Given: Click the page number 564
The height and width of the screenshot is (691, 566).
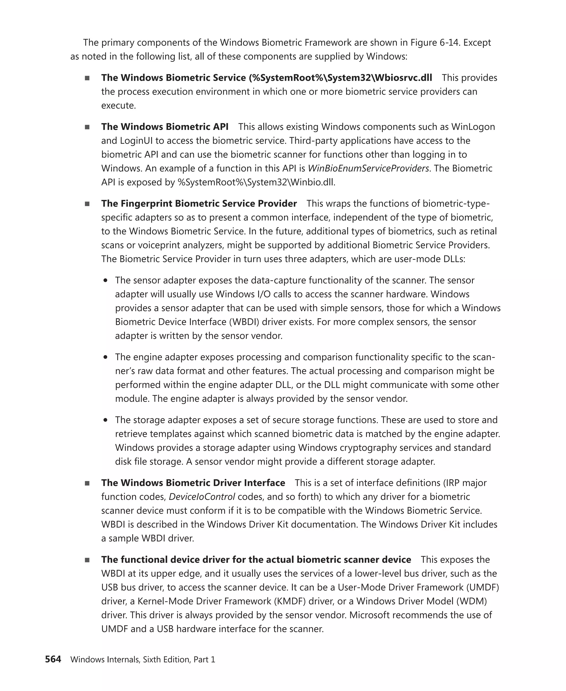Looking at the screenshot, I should click(x=53, y=659).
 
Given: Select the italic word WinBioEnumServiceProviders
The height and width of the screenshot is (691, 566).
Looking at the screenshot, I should click(x=368, y=168).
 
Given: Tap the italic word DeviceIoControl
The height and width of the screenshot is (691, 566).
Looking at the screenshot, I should click(x=202, y=497).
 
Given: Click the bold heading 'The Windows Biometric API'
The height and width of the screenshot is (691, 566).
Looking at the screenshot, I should click(x=165, y=127).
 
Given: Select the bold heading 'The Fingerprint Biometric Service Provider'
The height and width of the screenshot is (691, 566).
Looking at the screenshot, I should click(x=199, y=203).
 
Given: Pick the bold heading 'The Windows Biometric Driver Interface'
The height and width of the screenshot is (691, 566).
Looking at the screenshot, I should click(x=193, y=483).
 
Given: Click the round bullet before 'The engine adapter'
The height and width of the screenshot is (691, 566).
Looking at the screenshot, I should click(x=105, y=357).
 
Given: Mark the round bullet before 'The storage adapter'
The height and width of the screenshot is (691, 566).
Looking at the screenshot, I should click(x=105, y=420).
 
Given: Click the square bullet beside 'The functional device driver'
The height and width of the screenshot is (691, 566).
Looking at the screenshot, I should click(x=87, y=560).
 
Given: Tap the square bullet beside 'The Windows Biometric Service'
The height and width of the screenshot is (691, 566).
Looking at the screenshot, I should click(x=87, y=78).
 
